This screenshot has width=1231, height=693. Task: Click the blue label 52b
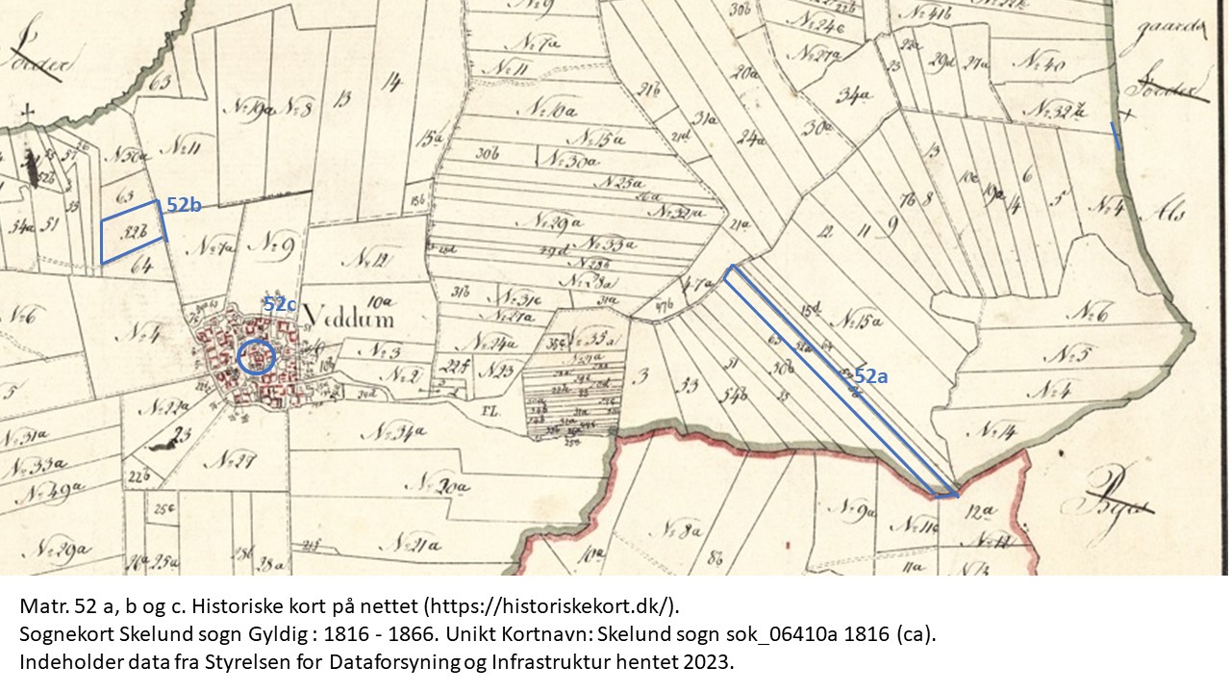[183, 205]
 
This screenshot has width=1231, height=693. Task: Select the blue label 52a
[870, 377]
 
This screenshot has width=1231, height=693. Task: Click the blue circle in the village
[256, 357]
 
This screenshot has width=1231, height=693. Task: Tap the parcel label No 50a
[129, 154]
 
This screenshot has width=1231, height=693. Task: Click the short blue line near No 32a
[1116, 137]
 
